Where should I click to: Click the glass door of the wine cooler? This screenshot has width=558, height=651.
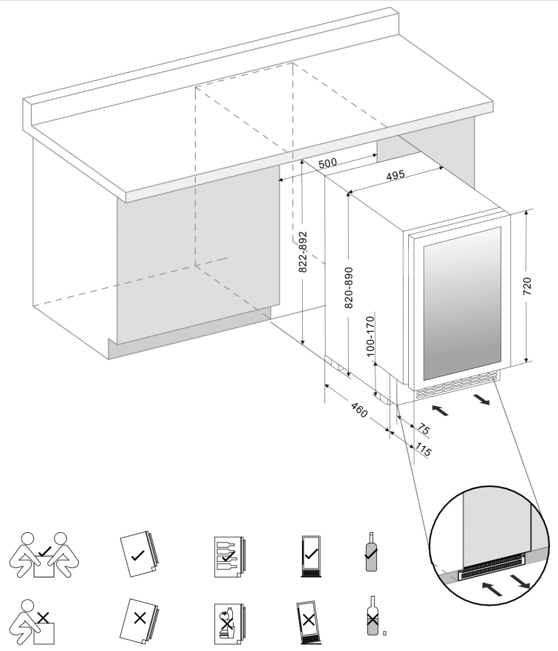click(461, 303)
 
